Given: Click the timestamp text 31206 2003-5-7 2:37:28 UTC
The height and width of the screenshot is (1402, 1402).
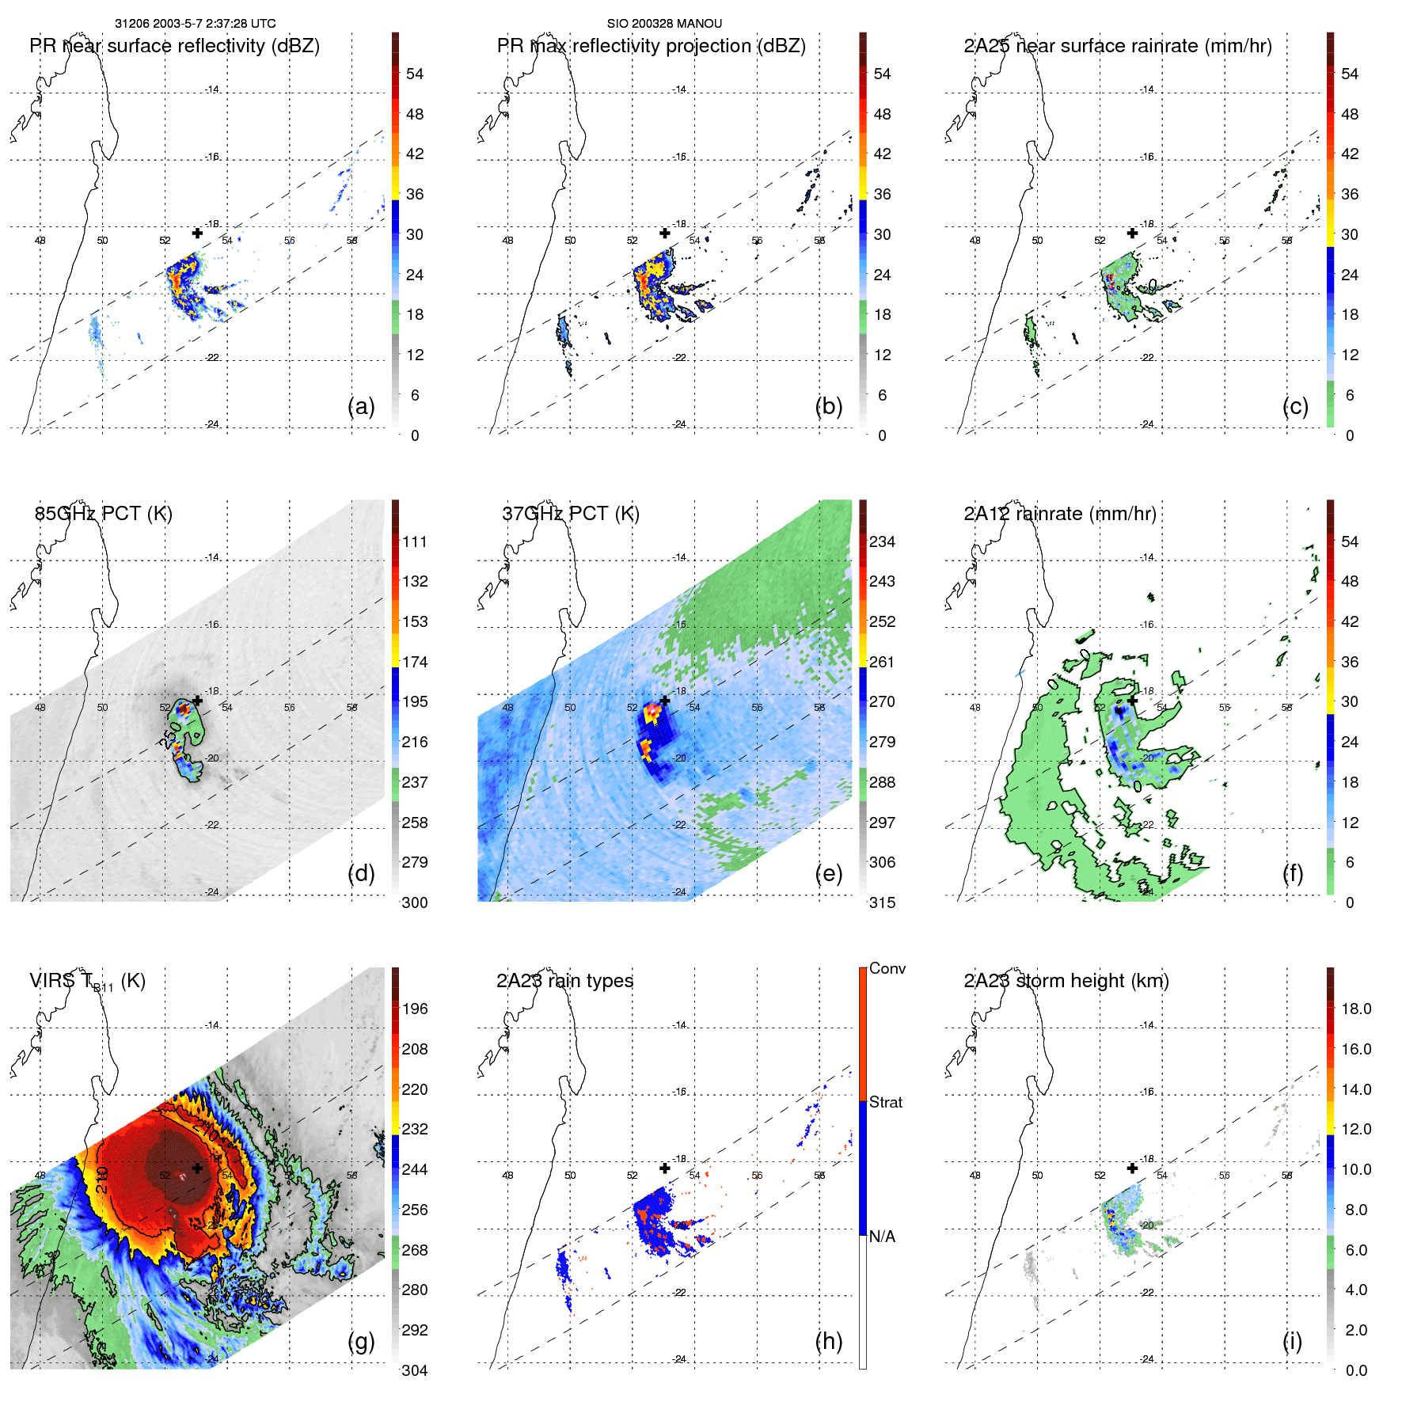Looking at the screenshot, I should (195, 24).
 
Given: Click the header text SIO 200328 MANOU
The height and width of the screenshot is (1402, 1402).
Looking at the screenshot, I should (664, 24).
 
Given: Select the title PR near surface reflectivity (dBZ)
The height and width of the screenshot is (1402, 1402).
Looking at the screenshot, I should (174, 46).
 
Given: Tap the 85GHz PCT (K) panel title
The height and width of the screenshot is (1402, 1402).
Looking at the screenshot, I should (103, 514).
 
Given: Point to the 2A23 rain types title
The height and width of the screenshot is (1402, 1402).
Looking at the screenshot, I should (564, 981).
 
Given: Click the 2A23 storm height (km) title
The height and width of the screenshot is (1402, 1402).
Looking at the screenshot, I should (1066, 981).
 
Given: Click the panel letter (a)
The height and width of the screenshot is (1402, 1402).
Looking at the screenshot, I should (361, 406).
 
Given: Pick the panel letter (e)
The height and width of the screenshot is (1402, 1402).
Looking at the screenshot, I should (829, 873).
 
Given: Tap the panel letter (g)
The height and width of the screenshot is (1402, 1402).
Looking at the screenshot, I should (361, 1341).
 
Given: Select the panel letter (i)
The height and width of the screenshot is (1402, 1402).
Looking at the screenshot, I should (1292, 1341).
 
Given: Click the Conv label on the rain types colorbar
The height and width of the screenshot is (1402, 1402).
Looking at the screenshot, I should (887, 968).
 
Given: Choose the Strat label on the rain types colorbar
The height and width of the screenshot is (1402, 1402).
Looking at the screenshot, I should (886, 1102).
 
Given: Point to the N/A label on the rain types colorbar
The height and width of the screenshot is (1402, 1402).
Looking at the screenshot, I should (882, 1237).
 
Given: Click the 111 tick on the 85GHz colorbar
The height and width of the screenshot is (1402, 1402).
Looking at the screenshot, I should (415, 541).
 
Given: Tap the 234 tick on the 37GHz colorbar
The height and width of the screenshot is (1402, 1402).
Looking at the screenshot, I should (882, 541).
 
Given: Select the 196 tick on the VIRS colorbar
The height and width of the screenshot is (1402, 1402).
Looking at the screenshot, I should (415, 1009).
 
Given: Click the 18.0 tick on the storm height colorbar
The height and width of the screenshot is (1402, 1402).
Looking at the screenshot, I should (1356, 1009).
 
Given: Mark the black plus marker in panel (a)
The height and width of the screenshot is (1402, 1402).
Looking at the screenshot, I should (197, 233).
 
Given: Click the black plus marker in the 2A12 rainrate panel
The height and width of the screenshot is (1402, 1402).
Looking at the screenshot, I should (1132, 700).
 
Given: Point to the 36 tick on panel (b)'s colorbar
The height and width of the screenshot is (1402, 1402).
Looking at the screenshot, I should (882, 194).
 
